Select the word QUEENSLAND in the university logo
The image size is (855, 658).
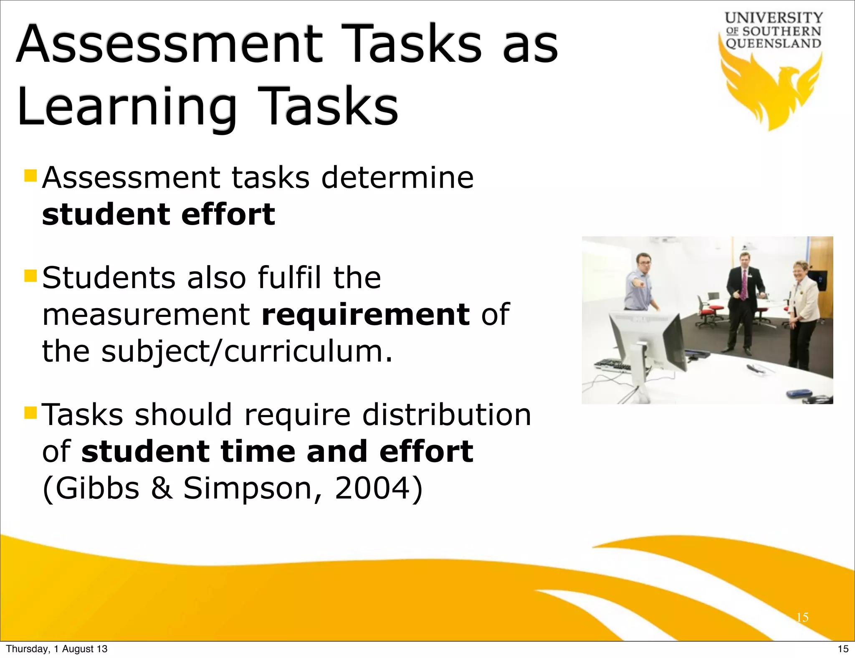tap(774, 43)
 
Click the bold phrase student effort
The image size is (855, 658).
tap(159, 215)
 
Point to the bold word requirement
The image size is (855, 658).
tap(365, 314)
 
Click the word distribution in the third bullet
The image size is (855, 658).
tap(446, 415)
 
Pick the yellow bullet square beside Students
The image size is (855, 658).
tap(30, 276)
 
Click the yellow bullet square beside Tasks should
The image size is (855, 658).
tap(30, 413)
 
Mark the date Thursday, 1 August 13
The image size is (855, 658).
tap(57, 649)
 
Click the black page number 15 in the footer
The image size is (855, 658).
tap(843, 649)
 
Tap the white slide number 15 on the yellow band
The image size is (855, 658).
tap(802, 618)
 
